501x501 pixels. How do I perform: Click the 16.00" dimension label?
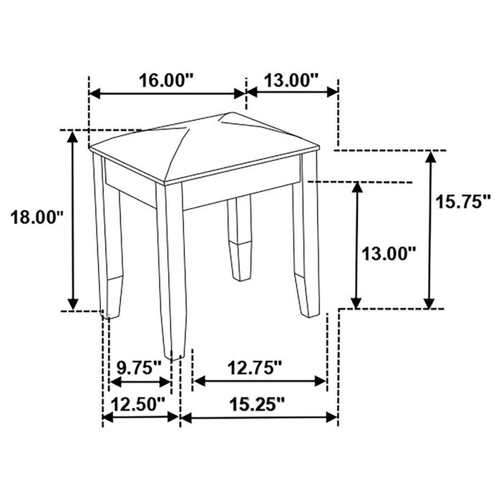coord(165,80)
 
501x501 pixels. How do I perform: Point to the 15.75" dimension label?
coord(463,202)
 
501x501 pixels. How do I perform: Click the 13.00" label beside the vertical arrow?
coord(387,253)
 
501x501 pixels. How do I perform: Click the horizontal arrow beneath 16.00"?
coord(166,94)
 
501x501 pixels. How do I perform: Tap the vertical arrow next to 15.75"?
coord(430,230)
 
